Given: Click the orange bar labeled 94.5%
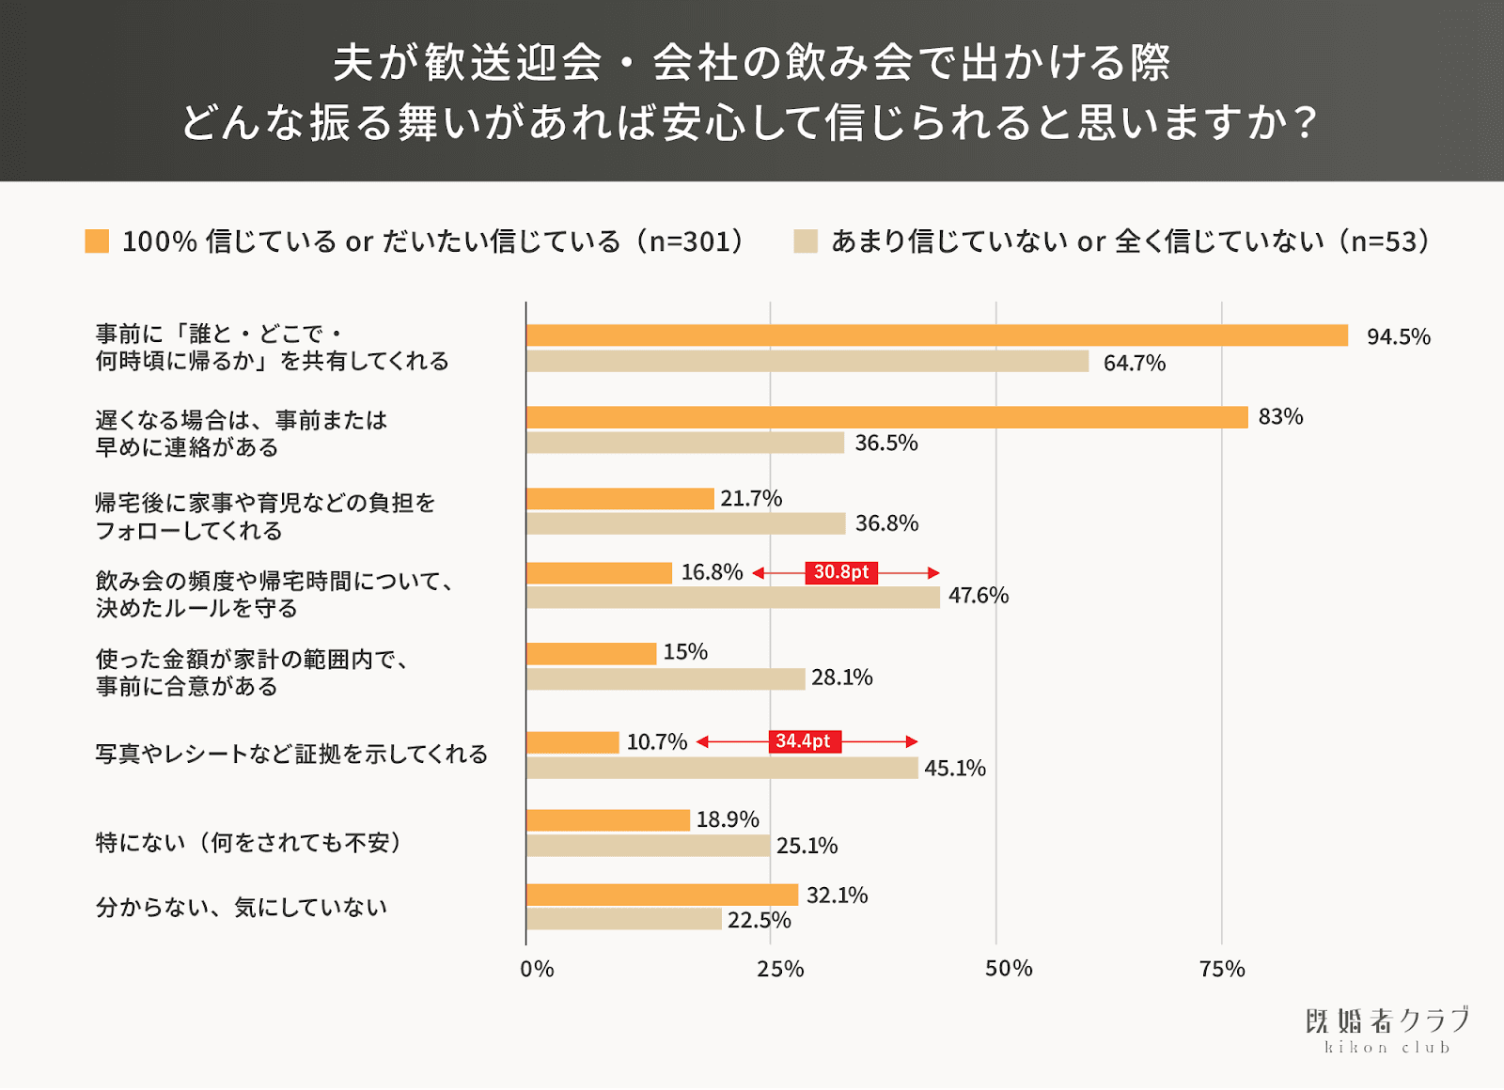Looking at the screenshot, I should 937,335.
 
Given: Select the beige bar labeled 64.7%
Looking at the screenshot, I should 807,362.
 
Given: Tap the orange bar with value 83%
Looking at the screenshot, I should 887,417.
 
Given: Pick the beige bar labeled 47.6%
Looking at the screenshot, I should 733,597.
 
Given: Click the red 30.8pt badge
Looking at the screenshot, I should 841,572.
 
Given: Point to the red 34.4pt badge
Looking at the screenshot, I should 805,741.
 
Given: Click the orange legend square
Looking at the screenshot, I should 97,241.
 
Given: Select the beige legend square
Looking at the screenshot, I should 806,241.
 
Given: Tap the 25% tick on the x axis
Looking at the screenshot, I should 780,969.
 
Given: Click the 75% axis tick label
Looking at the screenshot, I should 1222,969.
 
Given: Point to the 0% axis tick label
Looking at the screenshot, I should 537,969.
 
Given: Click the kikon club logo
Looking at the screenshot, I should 1387,1030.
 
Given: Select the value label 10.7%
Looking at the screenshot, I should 657,742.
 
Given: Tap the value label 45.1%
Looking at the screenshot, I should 955,769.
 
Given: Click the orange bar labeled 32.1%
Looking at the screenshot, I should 663,895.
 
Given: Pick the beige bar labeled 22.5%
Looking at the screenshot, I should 624,919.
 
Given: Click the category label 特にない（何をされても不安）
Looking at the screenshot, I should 249,843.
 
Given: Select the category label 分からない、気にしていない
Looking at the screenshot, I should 242,908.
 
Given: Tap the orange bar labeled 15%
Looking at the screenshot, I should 591,653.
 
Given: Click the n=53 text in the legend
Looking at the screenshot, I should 1389,241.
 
